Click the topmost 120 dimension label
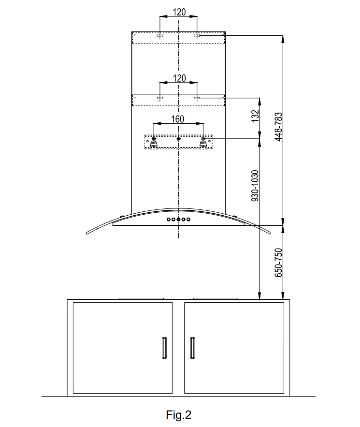(x=179, y=12)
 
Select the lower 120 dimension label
(x=179, y=78)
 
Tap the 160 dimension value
(x=178, y=119)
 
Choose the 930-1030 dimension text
(x=256, y=185)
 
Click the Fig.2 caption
(x=179, y=414)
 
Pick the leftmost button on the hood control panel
(x=169, y=220)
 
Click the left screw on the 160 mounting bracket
(x=154, y=139)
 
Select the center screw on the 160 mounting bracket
(x=179, y=139)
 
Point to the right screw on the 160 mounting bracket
(x=203, y=139)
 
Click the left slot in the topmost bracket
(x=160, y=36)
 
